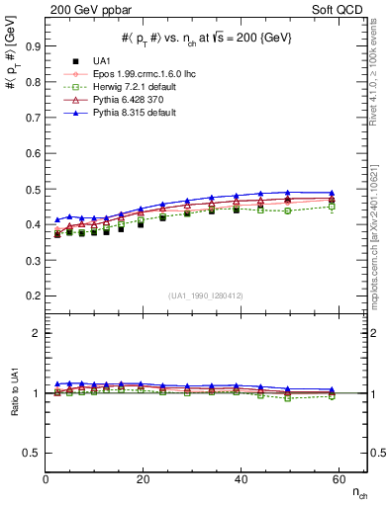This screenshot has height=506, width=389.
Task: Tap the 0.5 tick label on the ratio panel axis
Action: pyautogui.click(x=33, y=453)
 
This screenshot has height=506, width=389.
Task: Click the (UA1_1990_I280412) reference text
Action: pyautogui.click(x=206, y=295)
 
